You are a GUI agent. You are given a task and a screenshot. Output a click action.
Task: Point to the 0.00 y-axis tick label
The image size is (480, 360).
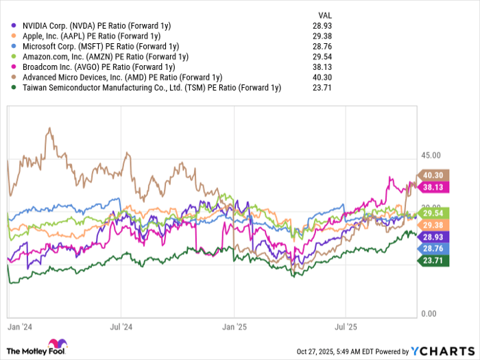(429, 314)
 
